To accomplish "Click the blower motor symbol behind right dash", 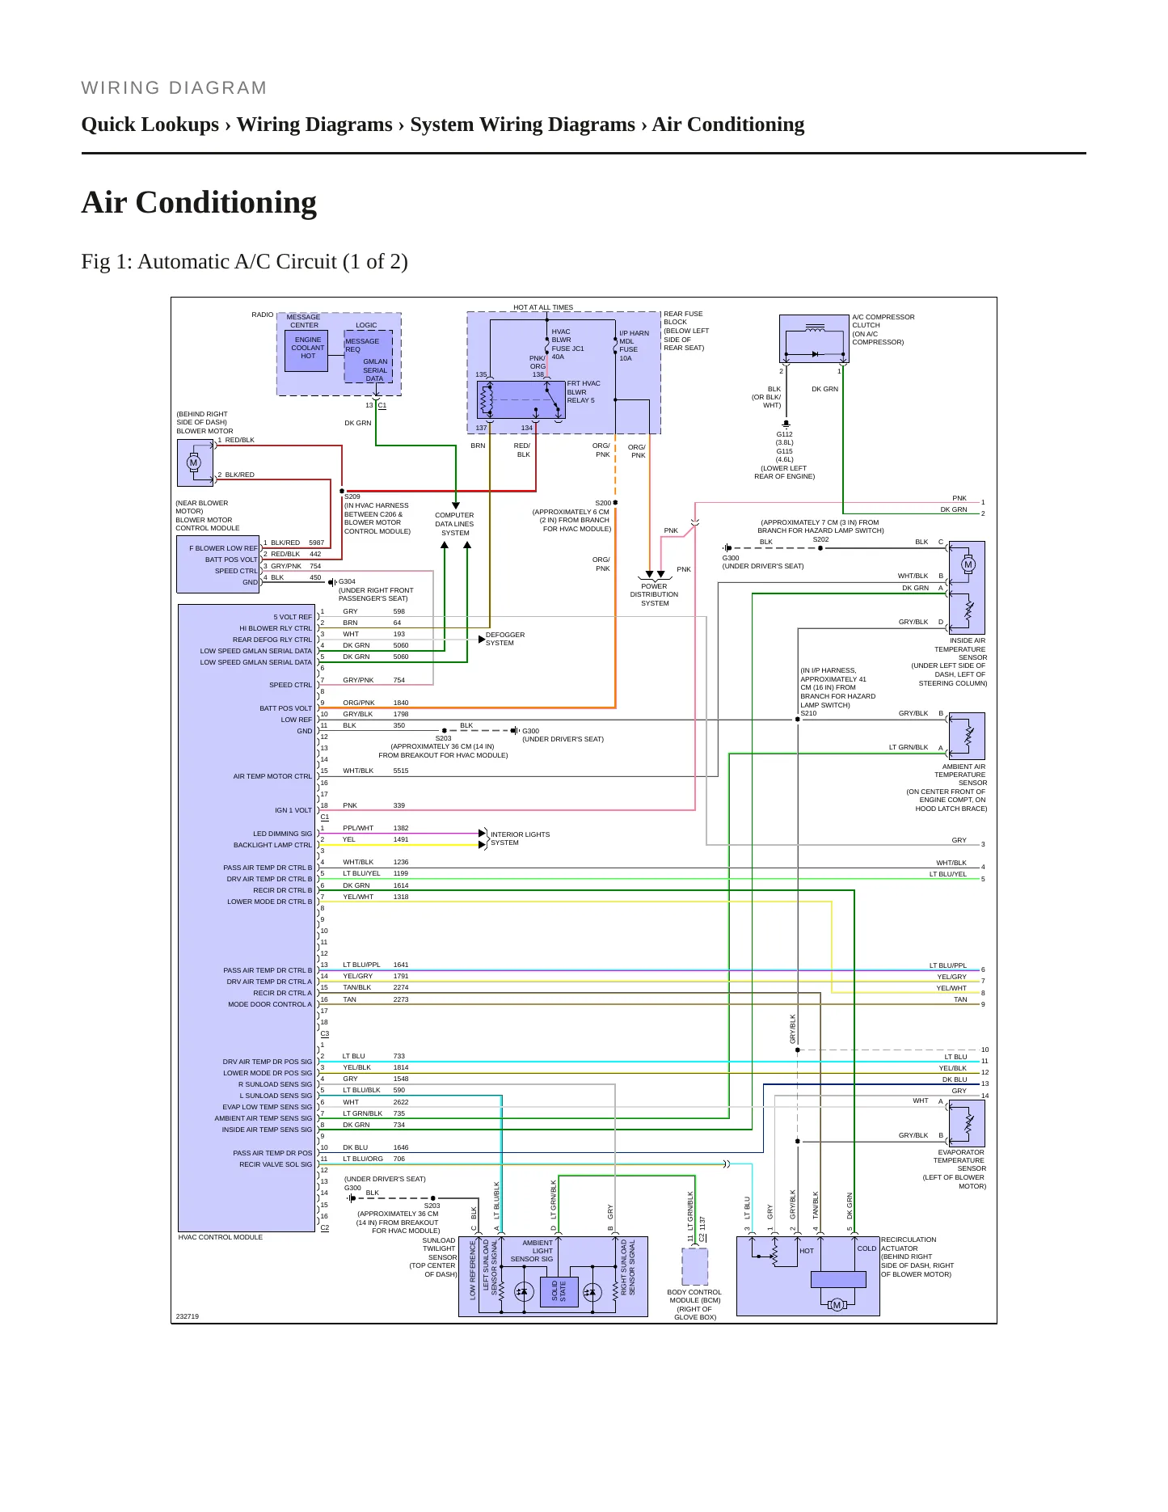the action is (x=195, y=462).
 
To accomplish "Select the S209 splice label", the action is (x=352, y=496).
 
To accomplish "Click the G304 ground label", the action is (x=347, y=581).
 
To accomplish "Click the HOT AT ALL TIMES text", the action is (x=543, y=307).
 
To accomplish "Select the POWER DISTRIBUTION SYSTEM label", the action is (x=655, y=594).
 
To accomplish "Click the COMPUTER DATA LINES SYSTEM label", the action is (x=455, y=524).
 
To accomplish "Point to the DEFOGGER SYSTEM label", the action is (x=505, y=639).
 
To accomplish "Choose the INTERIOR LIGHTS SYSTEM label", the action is (x=520, y=838).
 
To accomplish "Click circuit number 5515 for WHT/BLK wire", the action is (x=401, y=771).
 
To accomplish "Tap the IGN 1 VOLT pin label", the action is (x=293, y=810).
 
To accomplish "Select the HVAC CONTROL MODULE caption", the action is (x=221, y=1237).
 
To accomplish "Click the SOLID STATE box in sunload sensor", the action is (x=559, y=1290).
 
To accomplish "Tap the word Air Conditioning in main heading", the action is (x=199, y=202).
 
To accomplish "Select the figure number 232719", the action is (x=188, y=1316).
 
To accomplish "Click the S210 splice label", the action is (x=808, y=713).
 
